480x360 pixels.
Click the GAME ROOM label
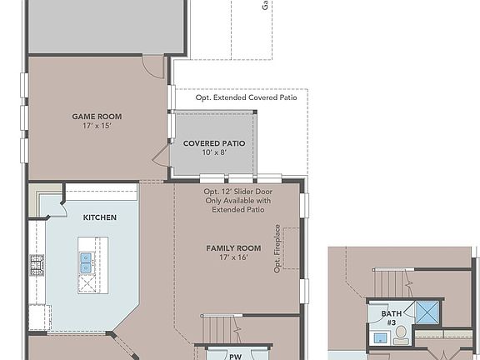coord(97,117)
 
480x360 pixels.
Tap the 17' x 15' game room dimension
coord(97,127)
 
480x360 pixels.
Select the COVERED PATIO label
coord(214,143)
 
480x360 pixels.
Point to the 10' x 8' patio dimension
coord(214,152)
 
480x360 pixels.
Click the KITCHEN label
coord(99,217)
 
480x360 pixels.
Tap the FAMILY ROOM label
coord(233,248)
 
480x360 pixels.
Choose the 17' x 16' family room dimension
coord(233,258)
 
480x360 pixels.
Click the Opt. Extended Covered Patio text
coord(246,97)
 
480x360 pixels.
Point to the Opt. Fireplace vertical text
coord(277,248)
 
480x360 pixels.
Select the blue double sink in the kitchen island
coord(86,262)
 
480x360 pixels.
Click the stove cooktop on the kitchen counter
coord(37,266)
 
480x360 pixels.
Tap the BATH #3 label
coord(392,318)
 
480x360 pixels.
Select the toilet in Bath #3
coord(400,335)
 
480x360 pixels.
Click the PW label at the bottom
coord(236,355)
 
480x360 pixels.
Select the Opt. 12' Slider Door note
coord(237,200)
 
